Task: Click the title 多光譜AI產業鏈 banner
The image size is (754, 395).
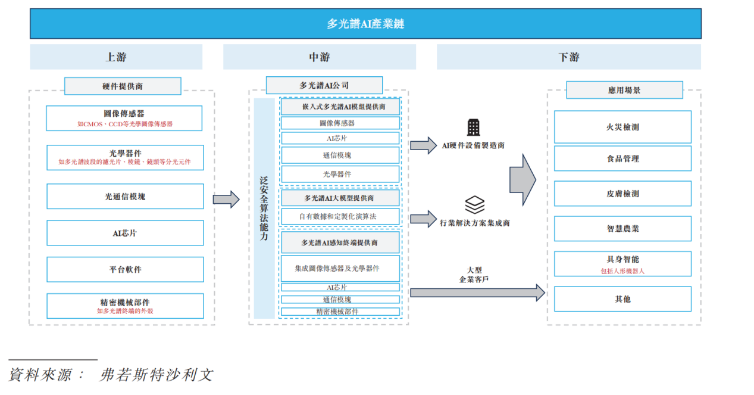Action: click(365, 24)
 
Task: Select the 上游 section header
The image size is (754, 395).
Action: click(116, 57)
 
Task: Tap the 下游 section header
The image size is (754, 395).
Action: click(568, 57)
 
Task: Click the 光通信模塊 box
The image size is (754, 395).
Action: click(125, 196)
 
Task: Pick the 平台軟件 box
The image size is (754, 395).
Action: click(125, 269)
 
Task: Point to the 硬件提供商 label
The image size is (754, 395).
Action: click(123, 86)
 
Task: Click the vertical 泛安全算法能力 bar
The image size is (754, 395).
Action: click(264, 209)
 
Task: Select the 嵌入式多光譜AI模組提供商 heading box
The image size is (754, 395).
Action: click(340, 107)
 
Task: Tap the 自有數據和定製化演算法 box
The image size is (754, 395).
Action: click(340, 217)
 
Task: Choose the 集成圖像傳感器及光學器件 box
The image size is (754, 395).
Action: click(340, 269)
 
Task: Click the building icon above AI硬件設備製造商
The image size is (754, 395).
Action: click(474, 127)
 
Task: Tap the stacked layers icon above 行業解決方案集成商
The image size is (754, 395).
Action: click(474, 206)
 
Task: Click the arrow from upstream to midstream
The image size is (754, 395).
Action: click(226, 199)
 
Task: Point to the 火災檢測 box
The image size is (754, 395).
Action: click(622, 127)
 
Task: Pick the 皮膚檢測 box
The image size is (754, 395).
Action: click(622, 194)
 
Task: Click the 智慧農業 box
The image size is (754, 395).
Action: click(622, 229)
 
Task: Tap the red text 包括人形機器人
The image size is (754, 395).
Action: click(622, 271)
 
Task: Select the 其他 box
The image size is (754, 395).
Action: click(622, 299)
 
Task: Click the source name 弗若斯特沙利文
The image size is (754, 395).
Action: click(156, 375)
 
